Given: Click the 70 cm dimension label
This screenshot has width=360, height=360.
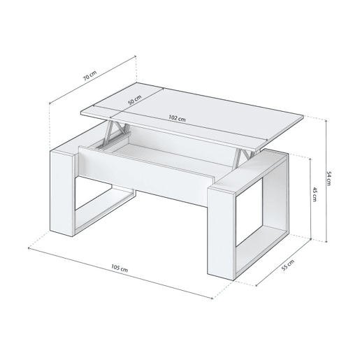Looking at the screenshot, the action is click(90, 75).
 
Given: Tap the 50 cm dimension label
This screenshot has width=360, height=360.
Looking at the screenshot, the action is click(135, 100).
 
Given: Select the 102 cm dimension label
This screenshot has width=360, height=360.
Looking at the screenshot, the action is click(177, 118).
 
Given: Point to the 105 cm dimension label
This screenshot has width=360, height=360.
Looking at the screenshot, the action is click(120, 268).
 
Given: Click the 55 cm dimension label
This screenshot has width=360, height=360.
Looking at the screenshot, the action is click(288, 265).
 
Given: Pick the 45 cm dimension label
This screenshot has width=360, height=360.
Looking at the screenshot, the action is click(315, 194).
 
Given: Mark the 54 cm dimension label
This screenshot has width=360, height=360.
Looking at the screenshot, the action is click(329, 178).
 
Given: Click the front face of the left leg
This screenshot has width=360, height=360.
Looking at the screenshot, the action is click(62, 193).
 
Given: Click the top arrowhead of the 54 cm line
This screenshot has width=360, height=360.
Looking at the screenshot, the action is click(326, 121).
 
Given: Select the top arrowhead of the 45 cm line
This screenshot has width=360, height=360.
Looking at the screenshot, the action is click(310, 159).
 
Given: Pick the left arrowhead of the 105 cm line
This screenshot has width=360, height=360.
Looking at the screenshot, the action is click(29, 248).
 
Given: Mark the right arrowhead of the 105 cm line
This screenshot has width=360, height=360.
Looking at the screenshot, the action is click(211, 298).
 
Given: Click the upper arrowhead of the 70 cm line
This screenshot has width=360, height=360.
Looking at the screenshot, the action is click(135, 56).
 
